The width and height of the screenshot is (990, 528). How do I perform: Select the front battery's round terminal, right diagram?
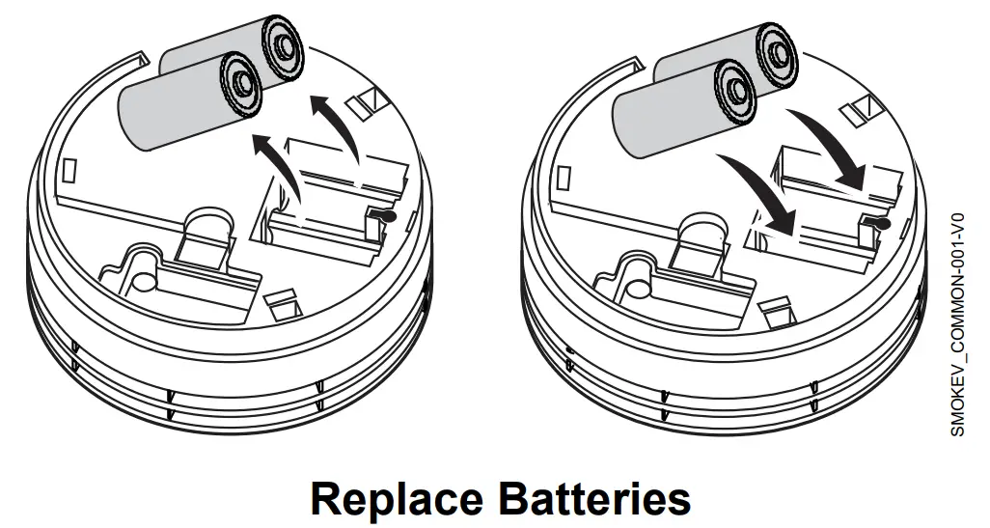[733, 89]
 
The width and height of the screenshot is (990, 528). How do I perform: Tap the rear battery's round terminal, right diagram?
[779, 49]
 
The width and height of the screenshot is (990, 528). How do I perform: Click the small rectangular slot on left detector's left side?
[69, 172]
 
